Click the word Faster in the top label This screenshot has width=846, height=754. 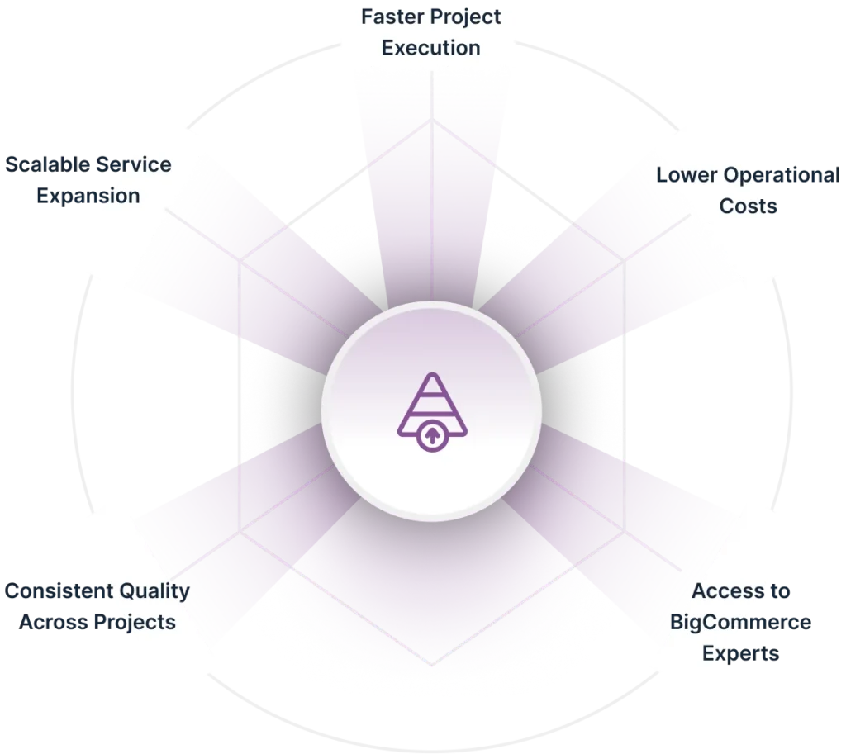pos(392,17)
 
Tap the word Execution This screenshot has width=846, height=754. pos(431,48)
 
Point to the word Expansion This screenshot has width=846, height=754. pos(88,197)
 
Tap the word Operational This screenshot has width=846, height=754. pos(782,176)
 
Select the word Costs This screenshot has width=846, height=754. pos(749,206)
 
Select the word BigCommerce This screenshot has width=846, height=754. pos(741,623)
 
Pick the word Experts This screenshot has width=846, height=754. pos(741,654)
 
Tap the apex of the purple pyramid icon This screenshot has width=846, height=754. pos(432,374)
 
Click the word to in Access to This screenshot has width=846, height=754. pos(780,591)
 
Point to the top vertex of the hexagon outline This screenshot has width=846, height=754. pos(431,120)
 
